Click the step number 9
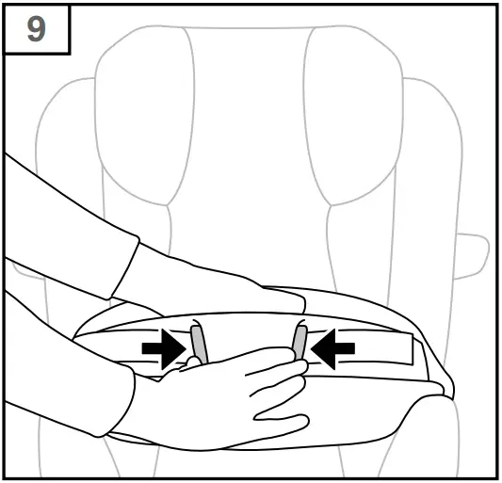pyautogui.click(x=36, y=28)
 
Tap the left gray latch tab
pyautogui.click(x=197, y=343)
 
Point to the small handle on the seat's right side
pyautogui.click(x=474, y=254)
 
